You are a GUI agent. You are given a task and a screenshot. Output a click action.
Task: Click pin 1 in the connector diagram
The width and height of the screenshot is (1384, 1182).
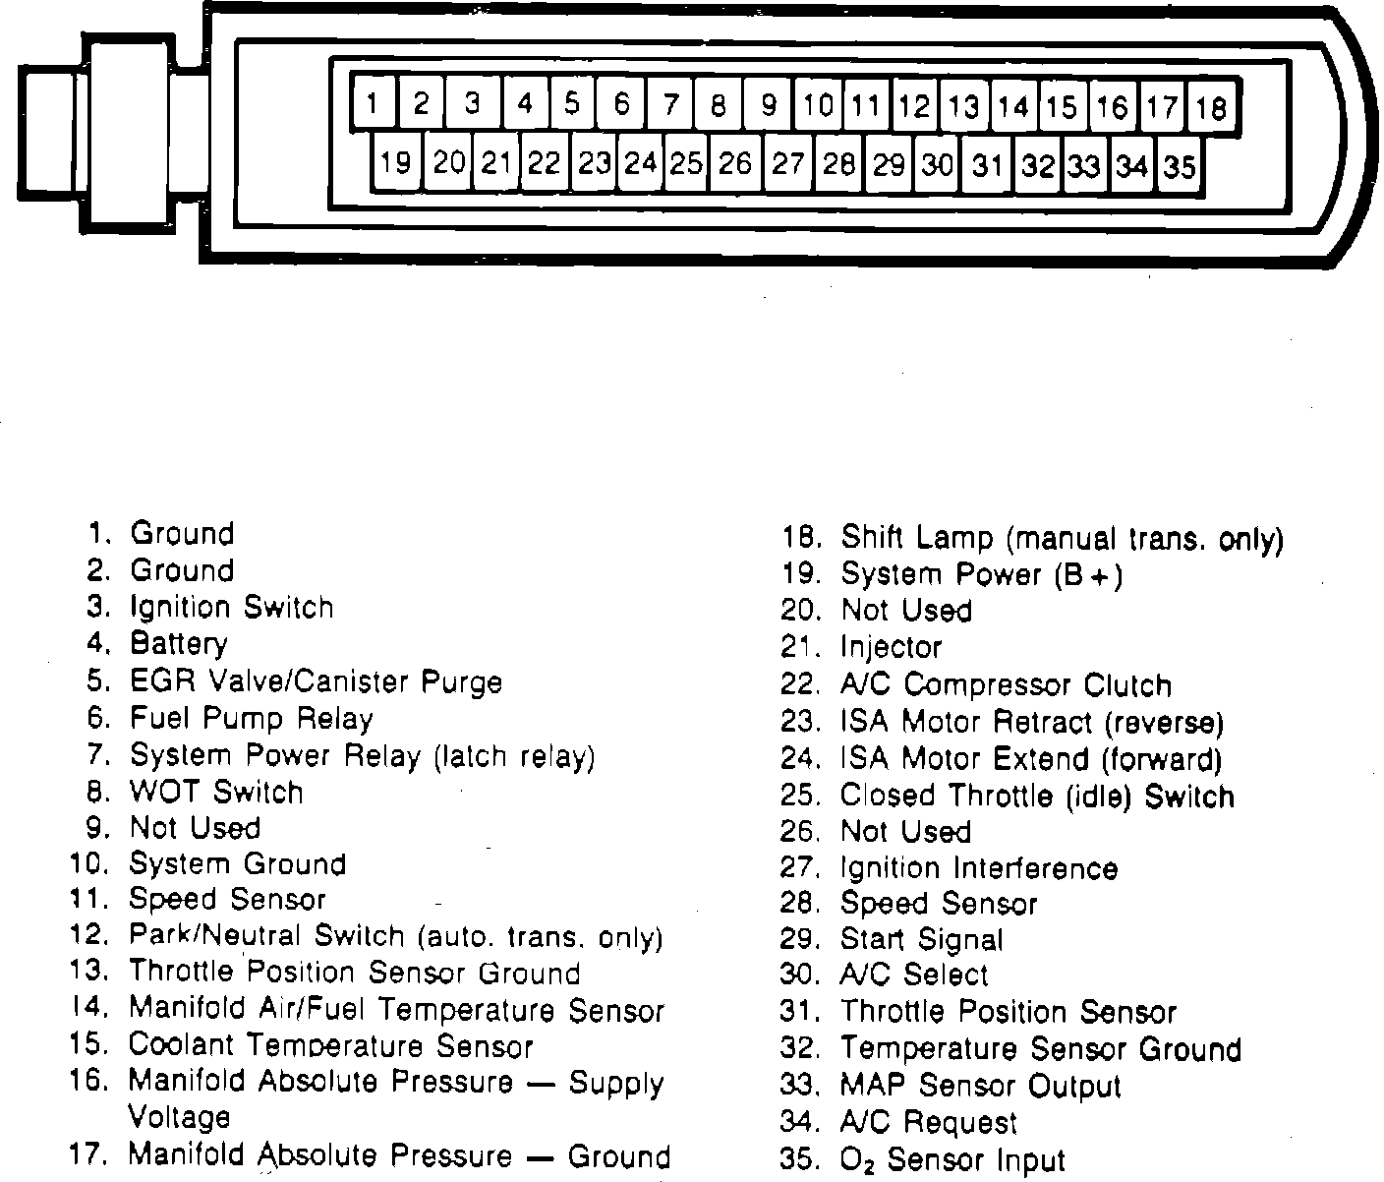tap(372, 103)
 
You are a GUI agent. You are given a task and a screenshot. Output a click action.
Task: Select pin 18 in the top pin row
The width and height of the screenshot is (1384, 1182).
tap(1212, 106)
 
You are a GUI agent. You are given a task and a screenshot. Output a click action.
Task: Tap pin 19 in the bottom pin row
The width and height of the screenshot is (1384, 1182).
tap(395, 161)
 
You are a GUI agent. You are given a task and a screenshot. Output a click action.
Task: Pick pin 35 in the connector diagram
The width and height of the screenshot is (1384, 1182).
tap(1180, 166)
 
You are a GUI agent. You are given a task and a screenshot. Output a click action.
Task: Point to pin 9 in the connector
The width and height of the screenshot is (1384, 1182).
tap(769, 104)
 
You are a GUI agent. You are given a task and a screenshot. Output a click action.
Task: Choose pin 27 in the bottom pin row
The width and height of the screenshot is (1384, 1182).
tap(787, 163)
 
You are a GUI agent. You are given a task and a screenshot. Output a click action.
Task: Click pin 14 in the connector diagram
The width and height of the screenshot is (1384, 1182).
tap(1012, 105)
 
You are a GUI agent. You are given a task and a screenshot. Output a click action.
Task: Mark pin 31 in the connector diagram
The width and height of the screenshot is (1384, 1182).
tap(987, 165)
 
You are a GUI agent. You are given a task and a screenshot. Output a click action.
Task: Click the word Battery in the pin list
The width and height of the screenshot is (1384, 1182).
tap(179, 644)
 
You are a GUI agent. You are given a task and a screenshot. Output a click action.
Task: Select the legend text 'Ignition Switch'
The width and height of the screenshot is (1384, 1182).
tap(232, 608)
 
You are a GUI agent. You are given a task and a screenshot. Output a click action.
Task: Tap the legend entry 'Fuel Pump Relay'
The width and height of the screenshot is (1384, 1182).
tap(252, 719)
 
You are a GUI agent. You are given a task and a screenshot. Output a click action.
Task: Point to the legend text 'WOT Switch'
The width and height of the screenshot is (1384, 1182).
tap(216, 792)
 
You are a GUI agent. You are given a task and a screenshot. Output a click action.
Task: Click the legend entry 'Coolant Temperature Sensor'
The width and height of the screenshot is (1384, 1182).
tap(330, 1045)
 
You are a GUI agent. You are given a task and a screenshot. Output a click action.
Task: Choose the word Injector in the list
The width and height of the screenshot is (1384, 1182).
tap(891, 647)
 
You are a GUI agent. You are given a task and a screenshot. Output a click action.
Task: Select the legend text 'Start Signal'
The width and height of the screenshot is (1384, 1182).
tap(922, 939)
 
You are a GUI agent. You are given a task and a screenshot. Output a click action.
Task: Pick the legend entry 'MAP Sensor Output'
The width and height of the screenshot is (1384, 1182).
tap(980, 1086)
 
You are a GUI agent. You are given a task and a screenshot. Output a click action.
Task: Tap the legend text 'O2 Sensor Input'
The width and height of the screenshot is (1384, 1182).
tap(952, 1160)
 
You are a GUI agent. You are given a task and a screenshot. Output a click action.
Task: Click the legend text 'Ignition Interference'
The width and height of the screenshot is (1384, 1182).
tap(979, 868)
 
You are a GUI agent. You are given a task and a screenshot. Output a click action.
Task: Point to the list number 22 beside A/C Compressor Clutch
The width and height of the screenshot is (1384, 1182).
tap(799, 684)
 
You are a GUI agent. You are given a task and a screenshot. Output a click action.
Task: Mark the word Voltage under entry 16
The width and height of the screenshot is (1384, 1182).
tap(179, 1117)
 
